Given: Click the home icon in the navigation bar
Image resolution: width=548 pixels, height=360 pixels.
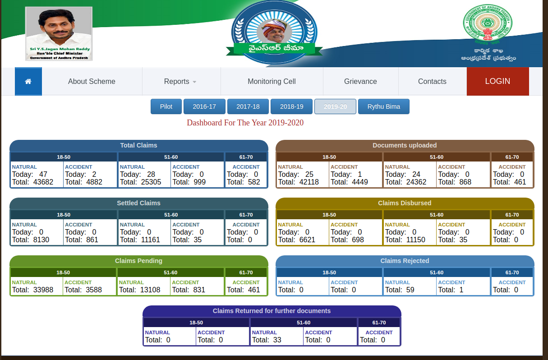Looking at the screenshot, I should pos(28,82).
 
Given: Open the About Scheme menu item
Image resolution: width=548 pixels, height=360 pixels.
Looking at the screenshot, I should pos(92,82).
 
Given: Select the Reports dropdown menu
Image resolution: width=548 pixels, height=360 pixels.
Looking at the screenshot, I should pos(180,82).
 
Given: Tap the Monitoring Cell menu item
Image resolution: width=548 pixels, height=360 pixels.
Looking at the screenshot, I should pos(272,82).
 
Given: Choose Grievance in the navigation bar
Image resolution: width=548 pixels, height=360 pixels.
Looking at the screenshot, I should pos(360,82).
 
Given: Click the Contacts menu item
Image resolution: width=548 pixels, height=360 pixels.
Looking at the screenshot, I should pos(432,82).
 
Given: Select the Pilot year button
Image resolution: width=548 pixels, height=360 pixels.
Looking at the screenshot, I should pos(166,106).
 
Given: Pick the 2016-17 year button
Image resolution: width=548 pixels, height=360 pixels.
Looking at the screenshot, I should pos(204,106).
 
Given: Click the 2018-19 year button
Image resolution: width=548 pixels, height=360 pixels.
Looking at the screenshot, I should pos(291,106).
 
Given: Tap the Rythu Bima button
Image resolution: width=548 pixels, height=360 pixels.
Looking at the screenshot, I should pos(383,106).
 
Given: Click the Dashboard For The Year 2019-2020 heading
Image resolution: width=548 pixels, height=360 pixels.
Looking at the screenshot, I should pos(245,123).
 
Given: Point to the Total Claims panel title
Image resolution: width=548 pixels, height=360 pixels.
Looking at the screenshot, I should pos(138,145).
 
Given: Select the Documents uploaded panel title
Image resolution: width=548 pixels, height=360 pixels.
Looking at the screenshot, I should pos(405,145).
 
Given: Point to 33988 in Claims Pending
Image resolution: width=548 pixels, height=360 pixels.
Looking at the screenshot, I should pos(43,290).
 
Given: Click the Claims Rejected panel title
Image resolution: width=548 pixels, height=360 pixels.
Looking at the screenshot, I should pos(405,261).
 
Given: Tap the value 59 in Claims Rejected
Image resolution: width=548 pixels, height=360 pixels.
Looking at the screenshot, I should pos(410,290).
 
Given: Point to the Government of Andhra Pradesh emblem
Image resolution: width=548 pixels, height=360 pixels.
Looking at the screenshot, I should pos(487,25).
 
